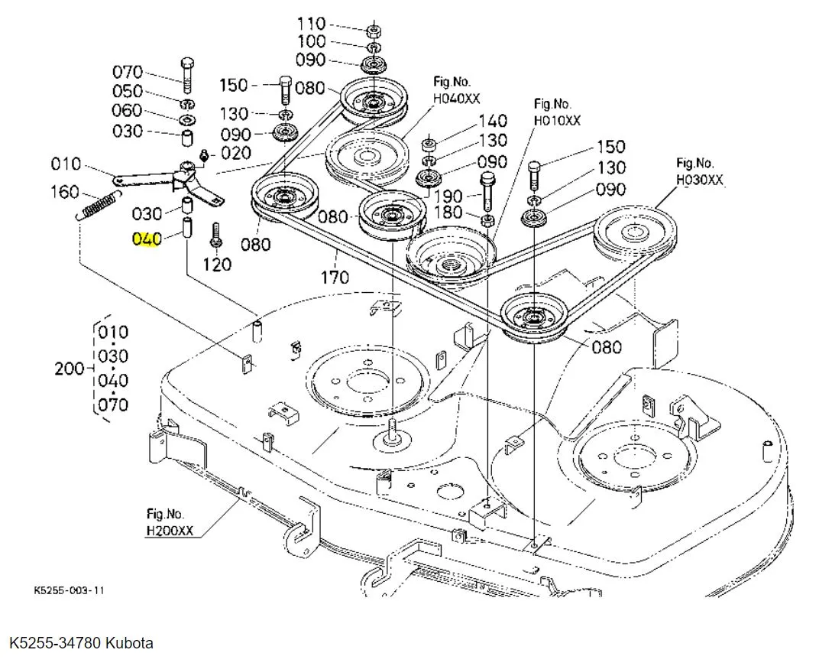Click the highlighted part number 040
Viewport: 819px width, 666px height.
point(147,239)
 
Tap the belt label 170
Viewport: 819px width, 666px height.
point(334,277)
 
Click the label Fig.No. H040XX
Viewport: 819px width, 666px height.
point(457,89)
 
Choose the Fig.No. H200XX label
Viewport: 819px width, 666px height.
point(170,521)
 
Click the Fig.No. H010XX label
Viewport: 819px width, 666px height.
point(557,112)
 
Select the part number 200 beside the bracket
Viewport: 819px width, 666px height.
point(70,369)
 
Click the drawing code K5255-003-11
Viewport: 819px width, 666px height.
point(69,591)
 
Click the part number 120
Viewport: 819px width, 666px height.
point(218,265)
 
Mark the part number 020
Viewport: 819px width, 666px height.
point(236,153)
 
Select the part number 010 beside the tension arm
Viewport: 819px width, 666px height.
point(66,164)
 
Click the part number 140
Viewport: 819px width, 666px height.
point(493,121)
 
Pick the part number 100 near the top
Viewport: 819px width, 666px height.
point(311,41)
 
